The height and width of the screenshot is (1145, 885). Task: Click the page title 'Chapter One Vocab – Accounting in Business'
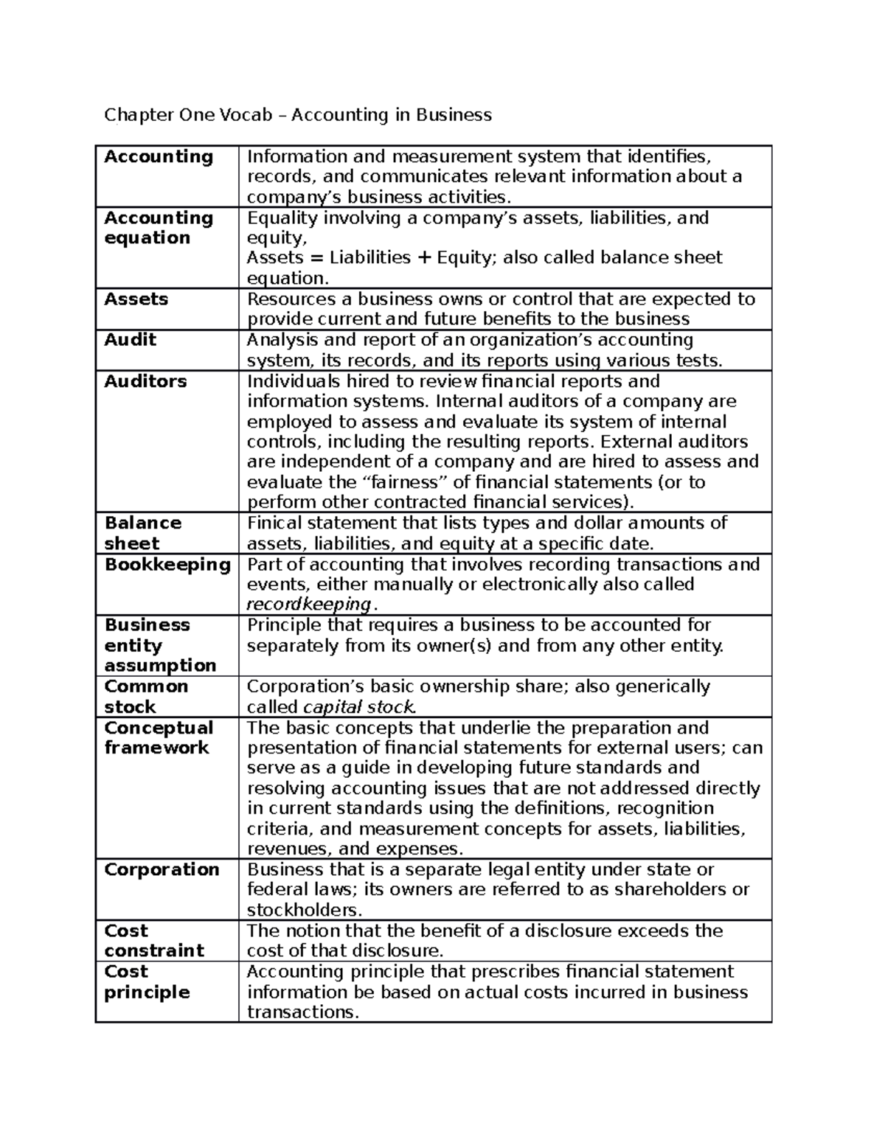297,115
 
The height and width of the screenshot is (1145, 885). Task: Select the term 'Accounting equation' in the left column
158,228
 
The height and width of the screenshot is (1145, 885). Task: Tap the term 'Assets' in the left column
136,299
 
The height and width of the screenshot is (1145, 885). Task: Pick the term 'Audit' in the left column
130,340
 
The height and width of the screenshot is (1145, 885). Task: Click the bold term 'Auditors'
145,381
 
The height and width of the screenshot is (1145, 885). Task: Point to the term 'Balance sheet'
142,533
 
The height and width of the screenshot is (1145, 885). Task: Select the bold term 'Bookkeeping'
167,565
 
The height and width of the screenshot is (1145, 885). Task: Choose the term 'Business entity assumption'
159,645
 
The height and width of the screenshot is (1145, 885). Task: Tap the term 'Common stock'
145,697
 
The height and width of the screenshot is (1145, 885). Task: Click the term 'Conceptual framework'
158,738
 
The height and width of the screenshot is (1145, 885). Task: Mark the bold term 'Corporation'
162,870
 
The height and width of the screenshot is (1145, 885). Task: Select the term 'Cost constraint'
153,941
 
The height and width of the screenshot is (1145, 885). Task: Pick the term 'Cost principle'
147,982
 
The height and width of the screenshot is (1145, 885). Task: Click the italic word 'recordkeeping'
309,605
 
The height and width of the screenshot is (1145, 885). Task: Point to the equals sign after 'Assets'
316,258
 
